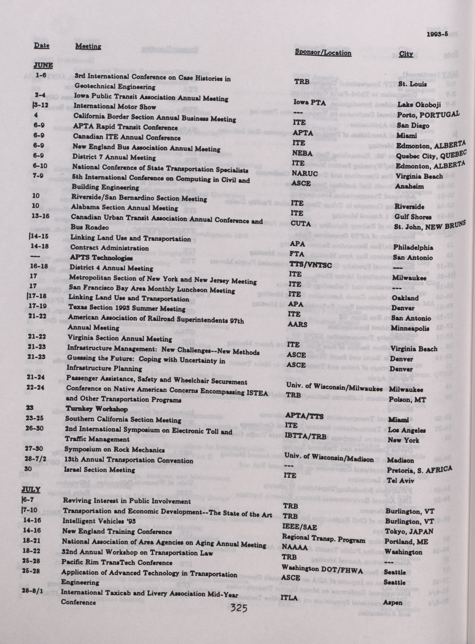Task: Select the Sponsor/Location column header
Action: click(323, 53)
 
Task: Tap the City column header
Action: click(406, 54)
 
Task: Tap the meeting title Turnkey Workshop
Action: click(97, 409)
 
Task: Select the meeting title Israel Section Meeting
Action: click(100, 470)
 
